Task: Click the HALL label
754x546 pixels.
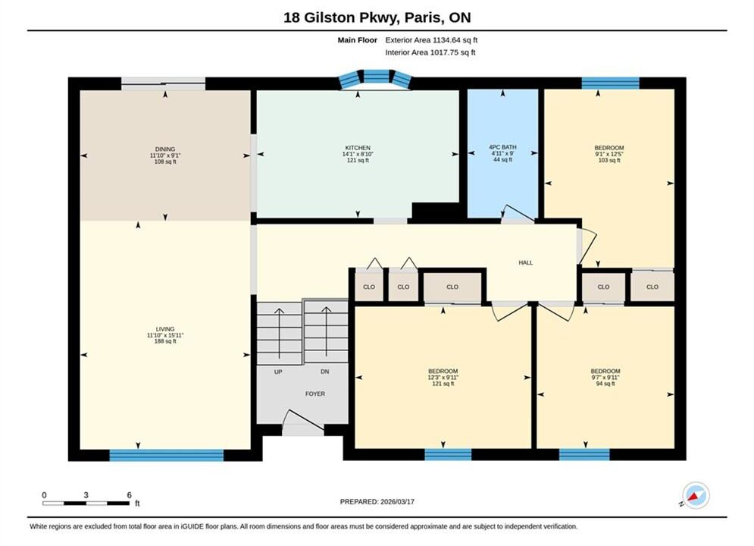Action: click(526, 262)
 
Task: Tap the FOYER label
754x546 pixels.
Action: click(315, 394)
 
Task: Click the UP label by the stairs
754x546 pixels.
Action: click(278, 372)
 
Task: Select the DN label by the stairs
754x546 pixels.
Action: click(325, 372)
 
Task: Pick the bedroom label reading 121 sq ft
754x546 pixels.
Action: click(443, 377)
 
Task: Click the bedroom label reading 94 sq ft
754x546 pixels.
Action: click(605, 377)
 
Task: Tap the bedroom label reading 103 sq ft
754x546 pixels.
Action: click(609, 154)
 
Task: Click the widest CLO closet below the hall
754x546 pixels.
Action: click(452, 287)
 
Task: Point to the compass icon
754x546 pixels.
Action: click(695, 495)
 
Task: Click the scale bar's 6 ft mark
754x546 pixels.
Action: click(130, 495)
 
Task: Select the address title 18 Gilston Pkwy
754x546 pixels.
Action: click(340, 17)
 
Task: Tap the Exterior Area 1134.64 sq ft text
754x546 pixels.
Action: click(431, 40)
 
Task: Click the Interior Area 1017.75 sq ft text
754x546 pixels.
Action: click(430, 52)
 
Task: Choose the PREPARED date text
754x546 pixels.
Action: click(377, 502)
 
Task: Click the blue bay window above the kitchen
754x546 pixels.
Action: click(376, 79)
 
